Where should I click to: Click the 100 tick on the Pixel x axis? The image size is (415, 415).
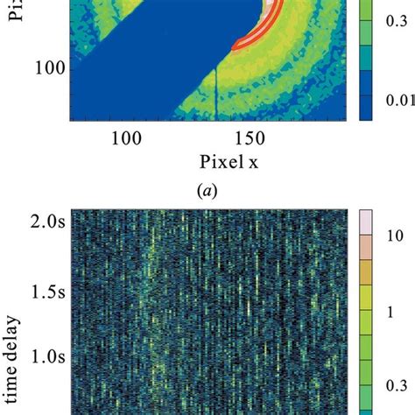point(126,138)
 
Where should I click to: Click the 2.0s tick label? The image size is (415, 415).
point(44,217)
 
